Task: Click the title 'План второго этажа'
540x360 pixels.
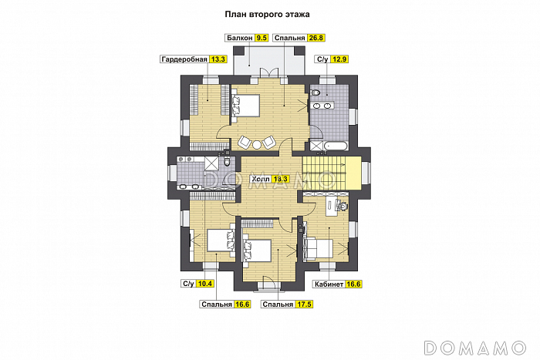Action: (267, 15)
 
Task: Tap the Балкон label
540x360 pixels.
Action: (240, 38)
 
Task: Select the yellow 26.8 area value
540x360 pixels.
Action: (316, 38)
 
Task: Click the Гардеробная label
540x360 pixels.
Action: (184, 59)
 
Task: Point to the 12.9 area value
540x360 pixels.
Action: (339, 59)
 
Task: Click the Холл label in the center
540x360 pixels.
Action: (261, 179)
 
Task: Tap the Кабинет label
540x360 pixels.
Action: (329, 284)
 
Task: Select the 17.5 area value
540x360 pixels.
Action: (304, 304)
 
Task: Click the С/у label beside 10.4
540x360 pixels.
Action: (188, 284)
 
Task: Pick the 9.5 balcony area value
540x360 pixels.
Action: (262, 38)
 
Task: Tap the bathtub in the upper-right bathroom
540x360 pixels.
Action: (336, 146)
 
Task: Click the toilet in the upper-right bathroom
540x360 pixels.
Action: (315, 93)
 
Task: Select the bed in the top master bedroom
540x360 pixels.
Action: (245, 106)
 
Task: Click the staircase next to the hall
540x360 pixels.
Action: (325, 173)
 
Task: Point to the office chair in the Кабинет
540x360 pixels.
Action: (343, 206)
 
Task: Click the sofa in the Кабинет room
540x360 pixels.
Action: (318, 248)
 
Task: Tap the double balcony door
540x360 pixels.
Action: (268, 72)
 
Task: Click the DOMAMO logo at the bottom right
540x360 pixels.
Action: (475, 348)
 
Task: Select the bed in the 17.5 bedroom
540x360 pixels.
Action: (257, 250)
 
